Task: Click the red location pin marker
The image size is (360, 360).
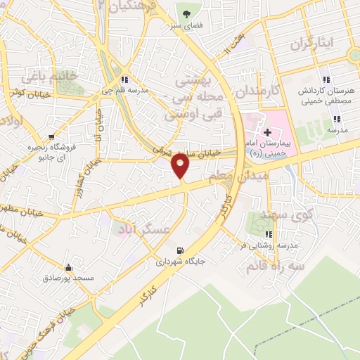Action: [x=181, y=166]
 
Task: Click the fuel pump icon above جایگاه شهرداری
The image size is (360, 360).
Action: [x=181, y=250]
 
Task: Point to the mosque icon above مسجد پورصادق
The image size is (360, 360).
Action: [x=68, y=267]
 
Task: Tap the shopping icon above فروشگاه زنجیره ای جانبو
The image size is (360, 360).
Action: [x=51, y=137]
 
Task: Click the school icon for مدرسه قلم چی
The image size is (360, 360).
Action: [x=124, y=79]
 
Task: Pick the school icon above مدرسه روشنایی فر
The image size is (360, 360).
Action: [x=267, y=234]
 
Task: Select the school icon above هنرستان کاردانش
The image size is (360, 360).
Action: [x=326, y=79]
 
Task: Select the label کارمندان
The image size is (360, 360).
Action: [x=258, y=92]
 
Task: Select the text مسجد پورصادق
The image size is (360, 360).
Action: [x=68, y=279]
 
